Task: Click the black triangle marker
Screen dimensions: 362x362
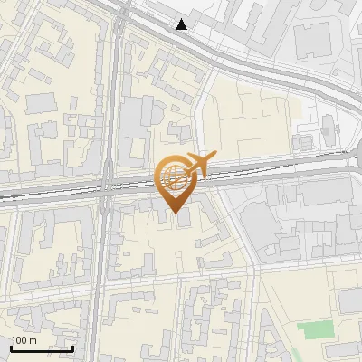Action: pyautogui.click(x=182, y=24)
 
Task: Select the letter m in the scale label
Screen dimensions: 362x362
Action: pyautogui.click(x=34, y=340)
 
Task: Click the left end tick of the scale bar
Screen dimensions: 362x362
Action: pyautogui.click(x=12, y=347)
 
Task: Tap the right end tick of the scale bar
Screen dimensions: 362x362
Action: pyautogui.click(x=72, y=347)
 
